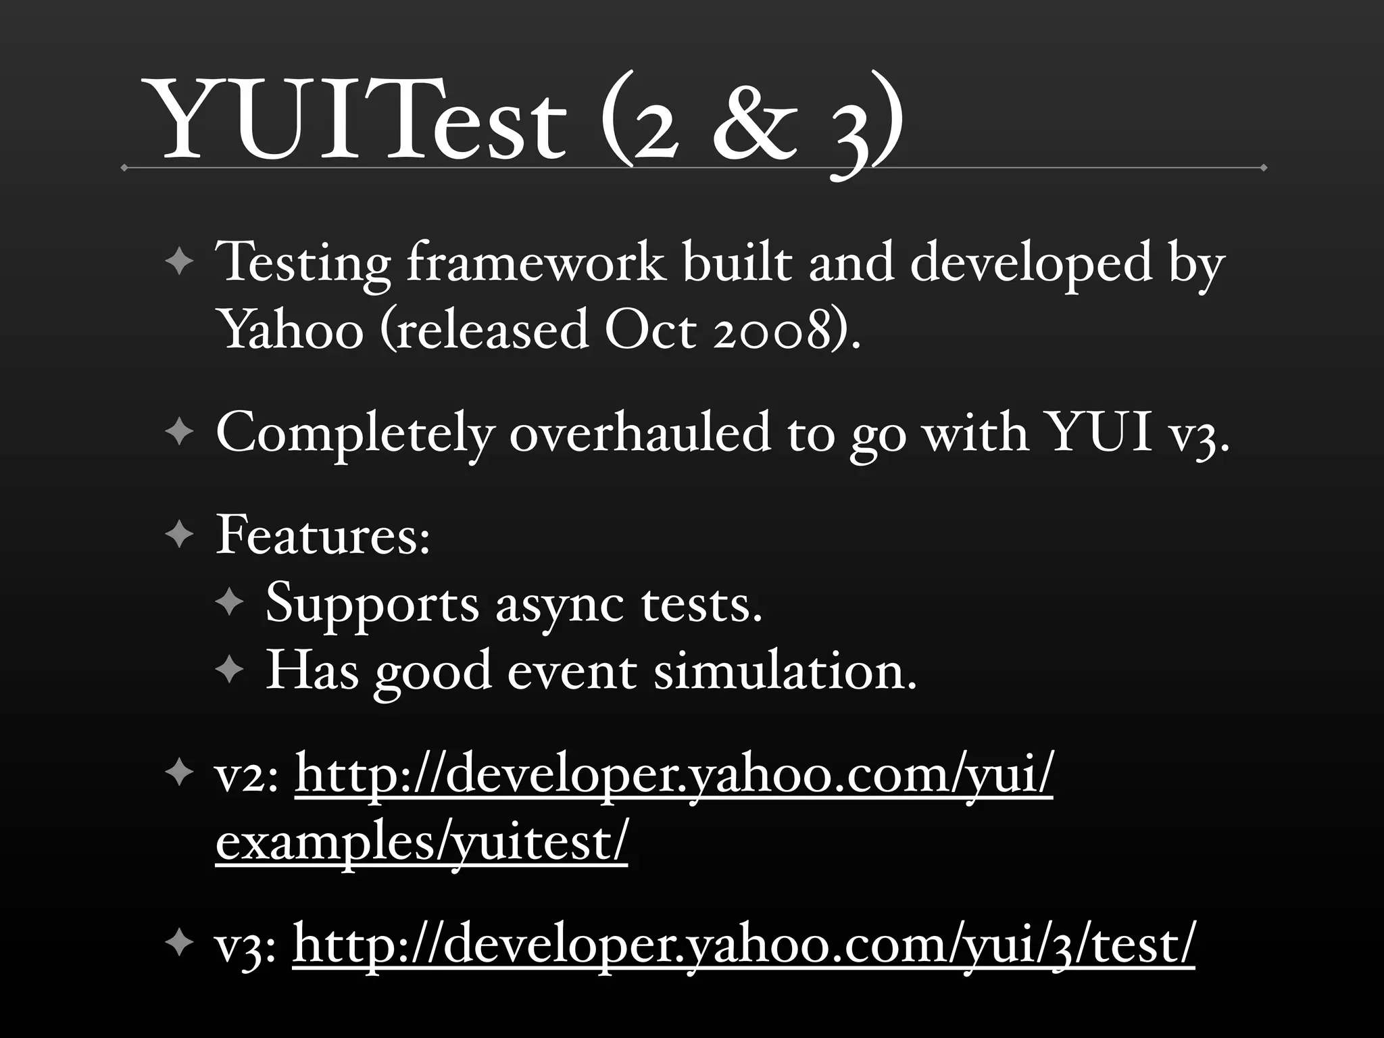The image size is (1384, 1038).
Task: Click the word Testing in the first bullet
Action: tap(303, 264)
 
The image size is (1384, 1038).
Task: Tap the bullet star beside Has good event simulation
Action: tap(229, 670)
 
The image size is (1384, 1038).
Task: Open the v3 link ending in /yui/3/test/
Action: tap(743, 945)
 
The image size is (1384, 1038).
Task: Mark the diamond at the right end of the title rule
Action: tap(1263, 167)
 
